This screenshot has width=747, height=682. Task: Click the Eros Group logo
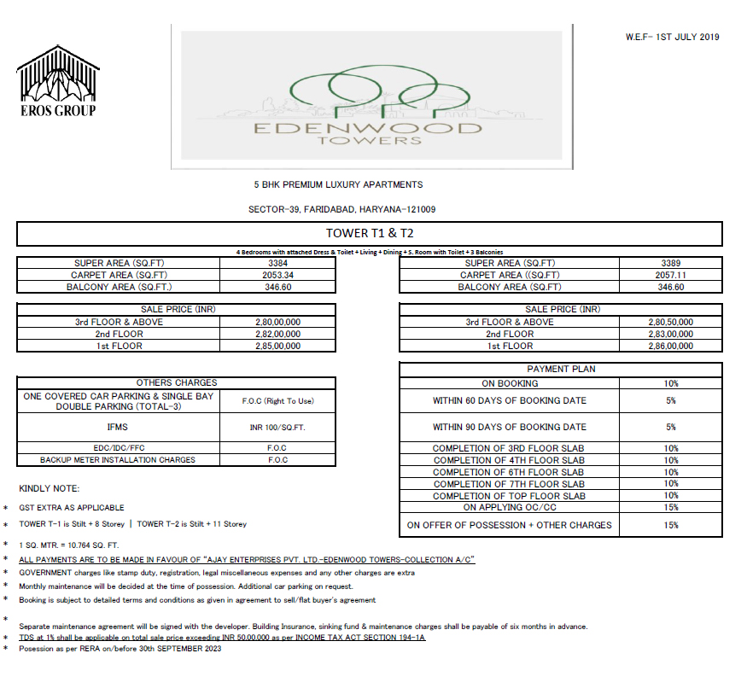[x=56, y=81]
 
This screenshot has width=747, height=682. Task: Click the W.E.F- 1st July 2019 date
[x=673, y=37]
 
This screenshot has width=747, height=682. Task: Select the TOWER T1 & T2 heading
[x=370, y=233]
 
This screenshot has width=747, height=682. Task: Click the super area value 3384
[x=278, y=264]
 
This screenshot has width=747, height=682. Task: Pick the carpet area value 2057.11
[x=670, y=276]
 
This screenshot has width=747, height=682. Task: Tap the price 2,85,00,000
[x=278, y=346]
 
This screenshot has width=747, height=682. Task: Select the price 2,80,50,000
[x=670, y=322]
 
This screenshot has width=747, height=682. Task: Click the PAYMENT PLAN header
[x=561, y=369]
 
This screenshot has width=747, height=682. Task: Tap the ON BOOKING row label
[x=510, y=384]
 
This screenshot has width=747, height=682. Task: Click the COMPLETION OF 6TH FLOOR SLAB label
[x=509, y=472]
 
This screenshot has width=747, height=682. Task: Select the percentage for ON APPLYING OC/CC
[x=670, y=507]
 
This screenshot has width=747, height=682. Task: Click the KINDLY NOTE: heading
[x=50, y=488]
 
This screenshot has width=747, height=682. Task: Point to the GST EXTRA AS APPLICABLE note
[x=72, y=507]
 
